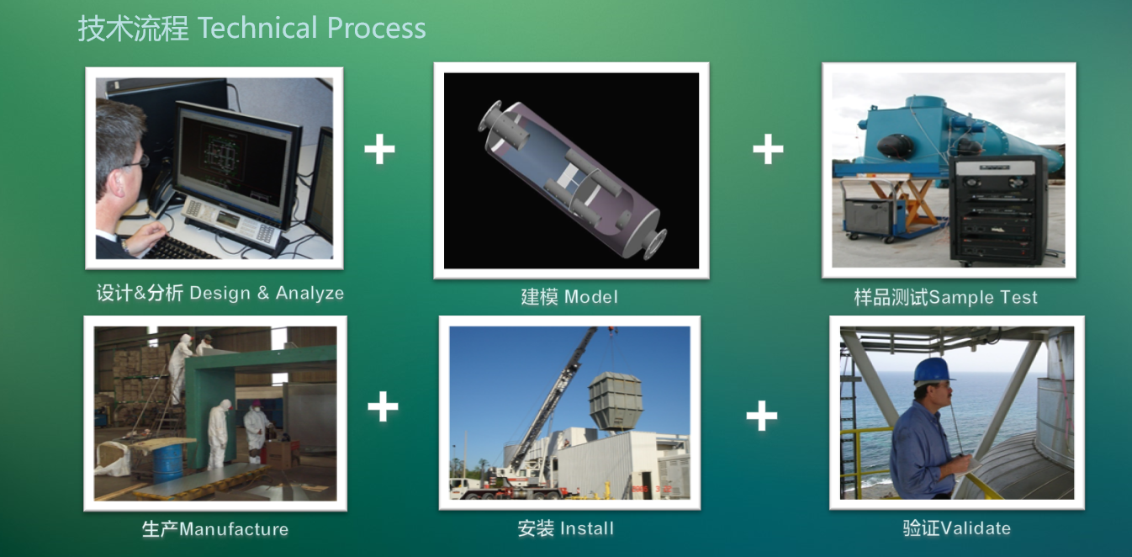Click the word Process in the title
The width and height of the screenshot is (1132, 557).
(x=377, y=28)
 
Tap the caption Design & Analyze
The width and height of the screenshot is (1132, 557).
(x=267, y=293)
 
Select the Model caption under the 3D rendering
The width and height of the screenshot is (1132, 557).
(x=590, y=297)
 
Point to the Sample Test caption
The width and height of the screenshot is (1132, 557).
(x=983, y=297)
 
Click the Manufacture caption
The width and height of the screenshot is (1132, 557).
(x=234, y=529)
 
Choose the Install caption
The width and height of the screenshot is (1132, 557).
(x=587, y=528)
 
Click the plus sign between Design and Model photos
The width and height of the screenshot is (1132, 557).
(x=379, y=149)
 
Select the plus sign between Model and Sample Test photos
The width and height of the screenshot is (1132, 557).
(x=768, y=149)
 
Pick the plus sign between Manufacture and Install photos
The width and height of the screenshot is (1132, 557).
(x=383, y=406)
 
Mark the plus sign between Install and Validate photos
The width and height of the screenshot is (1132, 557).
(x=762, y=416)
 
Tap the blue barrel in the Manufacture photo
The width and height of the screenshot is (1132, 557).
(x=167, y=463)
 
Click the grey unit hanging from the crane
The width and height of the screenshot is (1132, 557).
(x=615, y=402)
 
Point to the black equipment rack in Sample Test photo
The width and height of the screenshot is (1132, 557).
(x=998, y=210)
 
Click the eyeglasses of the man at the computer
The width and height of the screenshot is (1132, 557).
(x=137, y=162)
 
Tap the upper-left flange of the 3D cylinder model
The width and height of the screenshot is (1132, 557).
(x=490, y=117)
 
